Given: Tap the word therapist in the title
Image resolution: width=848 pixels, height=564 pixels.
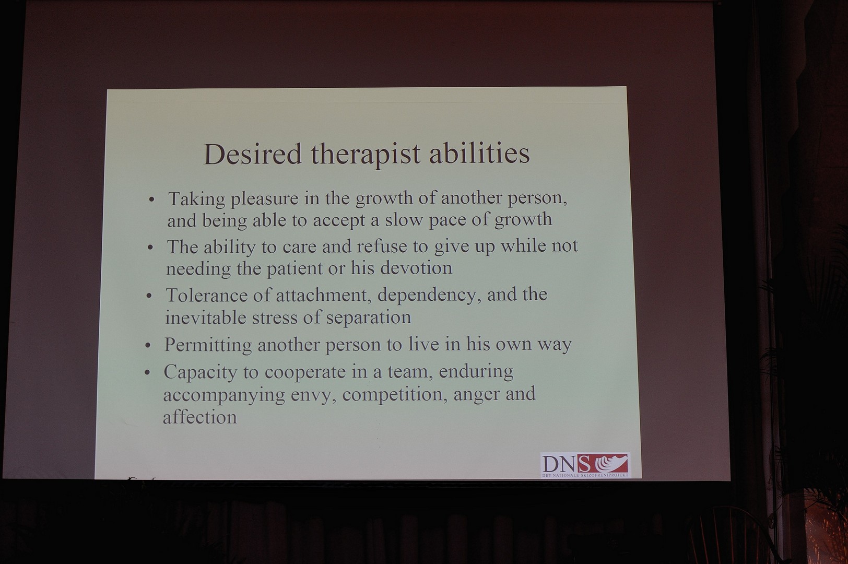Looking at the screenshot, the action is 366,155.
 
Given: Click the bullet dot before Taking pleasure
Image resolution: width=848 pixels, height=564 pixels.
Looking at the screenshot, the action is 152,199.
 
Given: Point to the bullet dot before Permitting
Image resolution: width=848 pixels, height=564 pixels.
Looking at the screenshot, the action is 148,345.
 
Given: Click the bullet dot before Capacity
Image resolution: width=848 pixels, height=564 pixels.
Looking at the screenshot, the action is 147,373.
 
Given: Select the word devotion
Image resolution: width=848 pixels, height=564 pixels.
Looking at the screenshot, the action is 416,268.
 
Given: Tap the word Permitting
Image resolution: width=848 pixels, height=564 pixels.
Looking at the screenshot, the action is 208,345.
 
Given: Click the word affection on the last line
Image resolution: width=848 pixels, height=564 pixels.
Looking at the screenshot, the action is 200,416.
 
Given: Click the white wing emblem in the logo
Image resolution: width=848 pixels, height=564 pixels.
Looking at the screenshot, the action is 610,463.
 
